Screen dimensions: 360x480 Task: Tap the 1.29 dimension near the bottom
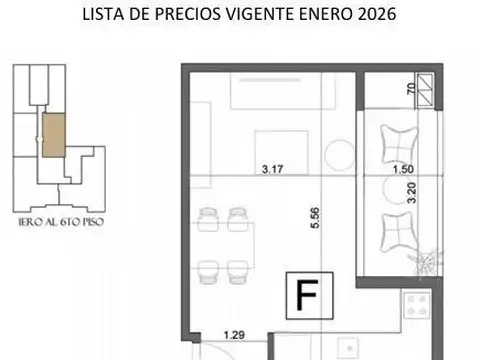(x=233, y=337)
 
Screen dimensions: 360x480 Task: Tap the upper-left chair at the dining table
(x=209, y=217)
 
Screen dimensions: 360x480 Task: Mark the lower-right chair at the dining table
(x=238, y=268)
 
